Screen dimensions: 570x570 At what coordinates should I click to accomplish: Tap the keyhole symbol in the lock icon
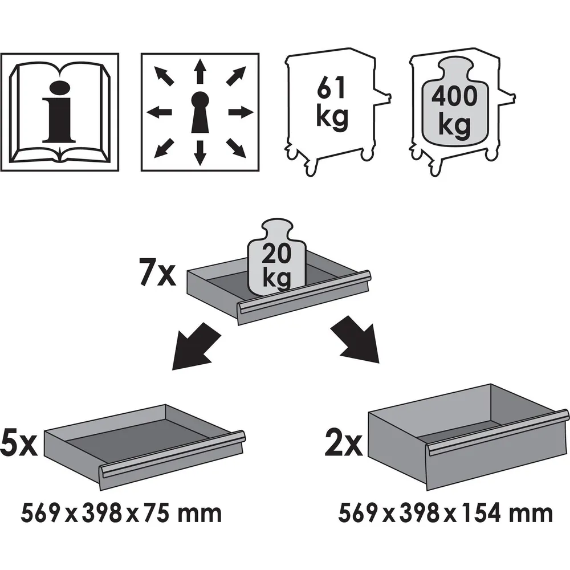coord(200,112)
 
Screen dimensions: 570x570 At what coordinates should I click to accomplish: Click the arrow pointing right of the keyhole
coord(241,112)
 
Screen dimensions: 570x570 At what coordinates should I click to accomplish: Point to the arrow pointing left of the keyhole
coord(159,112)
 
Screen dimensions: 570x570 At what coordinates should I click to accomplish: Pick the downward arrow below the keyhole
coord(199,153)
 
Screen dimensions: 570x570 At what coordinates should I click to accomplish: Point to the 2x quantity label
coord(344,442)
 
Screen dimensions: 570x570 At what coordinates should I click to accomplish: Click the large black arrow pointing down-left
coord(196,347)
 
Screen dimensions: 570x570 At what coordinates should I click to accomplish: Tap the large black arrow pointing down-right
coord(355,339)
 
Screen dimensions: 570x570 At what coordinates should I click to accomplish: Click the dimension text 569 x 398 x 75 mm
coord(121,514)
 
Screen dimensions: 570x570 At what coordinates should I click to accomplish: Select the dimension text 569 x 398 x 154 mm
coord(445,514)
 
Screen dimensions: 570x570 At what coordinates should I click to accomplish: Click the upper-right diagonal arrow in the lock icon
coord(236,76)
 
